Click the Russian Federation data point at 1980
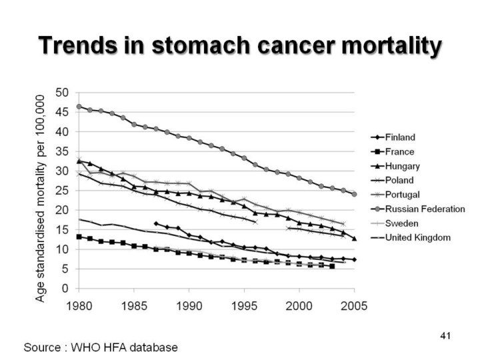79,107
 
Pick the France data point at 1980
79,237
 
